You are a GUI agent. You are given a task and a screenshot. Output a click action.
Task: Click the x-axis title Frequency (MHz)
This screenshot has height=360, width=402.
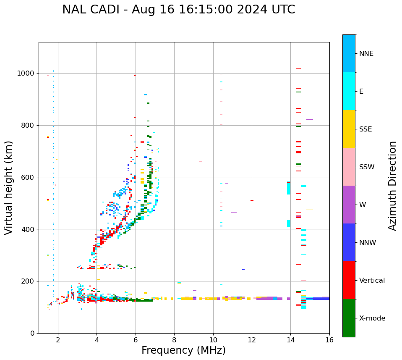pyautogui.click(x=183, y=350)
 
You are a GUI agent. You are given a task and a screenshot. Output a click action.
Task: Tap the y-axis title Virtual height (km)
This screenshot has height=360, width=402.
pyautogui.click(x=9, y=188)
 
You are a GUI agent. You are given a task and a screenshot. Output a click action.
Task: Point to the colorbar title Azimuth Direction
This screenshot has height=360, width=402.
pyautogui.click(x=392, y=186)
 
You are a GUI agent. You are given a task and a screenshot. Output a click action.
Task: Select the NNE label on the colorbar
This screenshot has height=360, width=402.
pyautogui.click(x=366, y=54)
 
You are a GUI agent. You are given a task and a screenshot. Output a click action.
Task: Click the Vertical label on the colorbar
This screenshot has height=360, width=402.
pyautogui.click(x=371, y=281)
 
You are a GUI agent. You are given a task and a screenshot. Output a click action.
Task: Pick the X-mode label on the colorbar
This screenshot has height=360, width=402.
pyautogui.click(x=372, y=318)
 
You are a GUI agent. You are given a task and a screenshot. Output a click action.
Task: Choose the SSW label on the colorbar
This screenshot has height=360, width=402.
pyautogui.click(x=367, y=167)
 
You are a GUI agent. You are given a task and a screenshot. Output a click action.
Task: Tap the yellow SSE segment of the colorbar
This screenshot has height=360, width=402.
pyautogui.click(x=349, y=129)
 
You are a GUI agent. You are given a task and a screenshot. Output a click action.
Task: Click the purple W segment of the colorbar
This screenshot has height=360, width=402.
pyautogui.click(x=349, y=205)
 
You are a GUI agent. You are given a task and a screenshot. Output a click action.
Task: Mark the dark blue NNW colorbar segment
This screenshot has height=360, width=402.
pyautogui.click(x=349, y=242)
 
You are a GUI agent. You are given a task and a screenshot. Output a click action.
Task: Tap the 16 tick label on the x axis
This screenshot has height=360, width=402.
pyautogui.click(x=329, y=340)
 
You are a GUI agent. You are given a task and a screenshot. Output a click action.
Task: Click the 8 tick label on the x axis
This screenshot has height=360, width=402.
pyautogui.click(x=174, y=340)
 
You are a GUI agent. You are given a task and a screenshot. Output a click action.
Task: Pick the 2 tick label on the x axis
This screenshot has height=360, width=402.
pyautogui.click(x=58, y=340)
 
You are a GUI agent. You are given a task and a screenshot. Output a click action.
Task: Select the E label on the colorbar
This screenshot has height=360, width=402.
pyautogui.click(x=361, y=92)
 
